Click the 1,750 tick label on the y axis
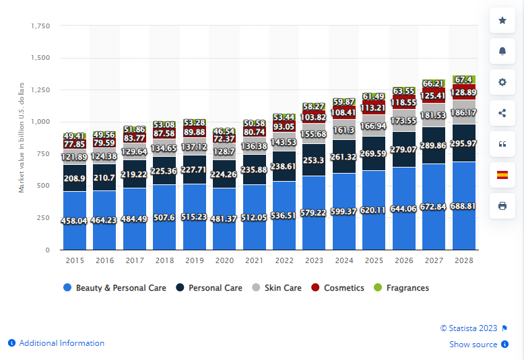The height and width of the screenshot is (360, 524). (40, 26)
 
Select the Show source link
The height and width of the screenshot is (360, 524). (473, 345)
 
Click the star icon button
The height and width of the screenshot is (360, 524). (502, 21)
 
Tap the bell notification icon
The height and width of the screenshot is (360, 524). (502, 51)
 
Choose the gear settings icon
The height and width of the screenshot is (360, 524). (502, 82)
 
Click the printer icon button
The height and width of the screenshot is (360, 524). (502, 206)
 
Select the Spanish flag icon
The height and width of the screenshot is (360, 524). (502, 175)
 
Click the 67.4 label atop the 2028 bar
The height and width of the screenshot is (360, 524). (463, 79)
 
